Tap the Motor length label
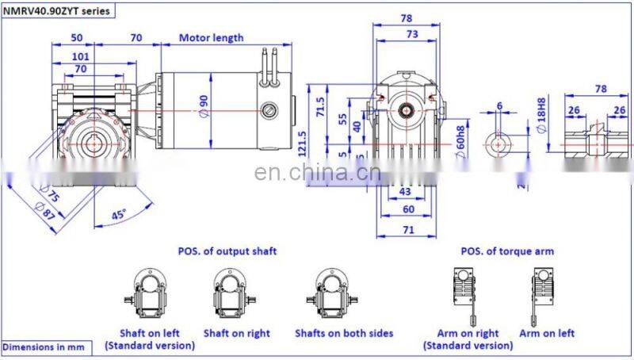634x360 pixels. pyautogui.click(x=211, y=37)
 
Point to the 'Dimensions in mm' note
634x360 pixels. pyautogui.click(x=43, y=347)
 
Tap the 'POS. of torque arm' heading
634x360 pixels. pyautogui.click(x=507, y=251)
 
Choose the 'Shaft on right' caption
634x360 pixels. pyautogui.click(x=236, y=333)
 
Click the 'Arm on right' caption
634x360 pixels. pyautogui.click(x=468, y=333)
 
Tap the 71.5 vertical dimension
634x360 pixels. pyautogui.click(x=320, y=105)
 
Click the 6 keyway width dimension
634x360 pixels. pyautogui.click(x=499, y=105)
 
